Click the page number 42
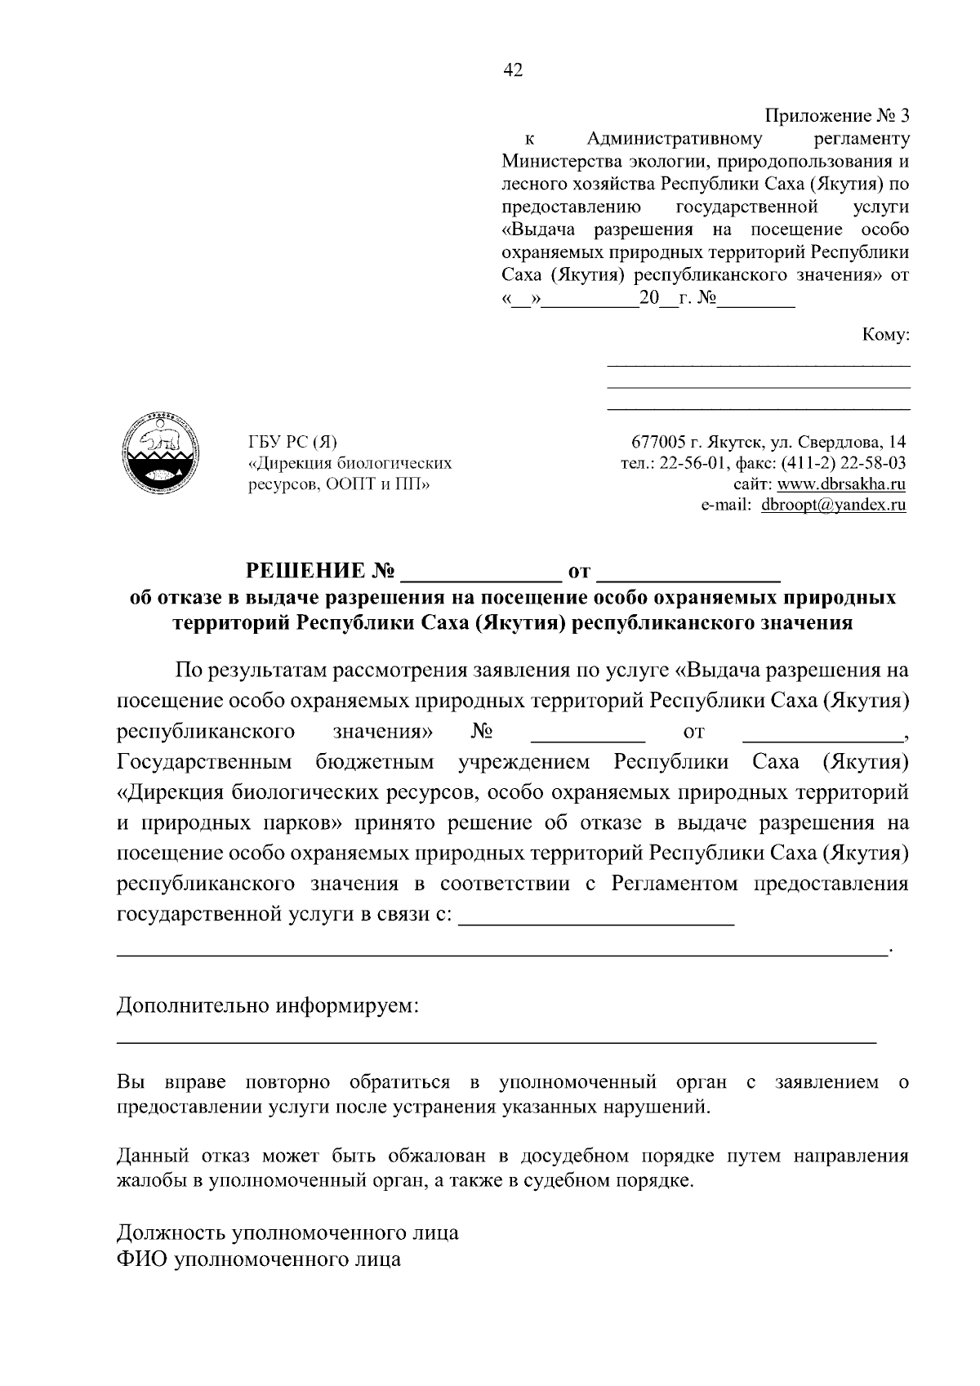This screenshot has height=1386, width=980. pyautogui.click(x=513, y=70)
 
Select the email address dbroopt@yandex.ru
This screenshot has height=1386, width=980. pyautogui.click(x=833, y=506)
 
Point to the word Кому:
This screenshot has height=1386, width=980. pyautogui.click(x=885, y=335)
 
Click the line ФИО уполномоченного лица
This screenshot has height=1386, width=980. pyautogui.click(x=259, y=1259)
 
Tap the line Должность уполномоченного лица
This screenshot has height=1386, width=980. pyautogui.click(x=287, y=1232)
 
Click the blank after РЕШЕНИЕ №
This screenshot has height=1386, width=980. pyautogui.click(x=478, y=569)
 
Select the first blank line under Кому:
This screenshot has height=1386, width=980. pyautogui.click(x=759, y=363)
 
